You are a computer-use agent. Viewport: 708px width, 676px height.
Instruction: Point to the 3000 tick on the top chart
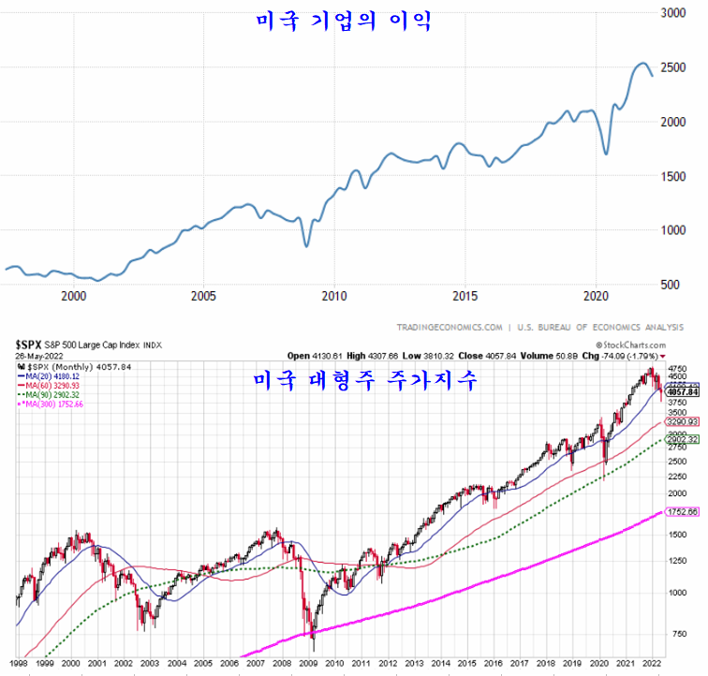(673, 13)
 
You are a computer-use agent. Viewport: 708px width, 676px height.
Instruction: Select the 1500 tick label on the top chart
(673, 176)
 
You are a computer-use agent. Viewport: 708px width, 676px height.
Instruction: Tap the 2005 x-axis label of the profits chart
(203, 296)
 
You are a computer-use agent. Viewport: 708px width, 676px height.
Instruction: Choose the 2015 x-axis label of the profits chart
(465, 296)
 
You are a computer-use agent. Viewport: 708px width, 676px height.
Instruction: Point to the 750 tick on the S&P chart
(678, 633)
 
